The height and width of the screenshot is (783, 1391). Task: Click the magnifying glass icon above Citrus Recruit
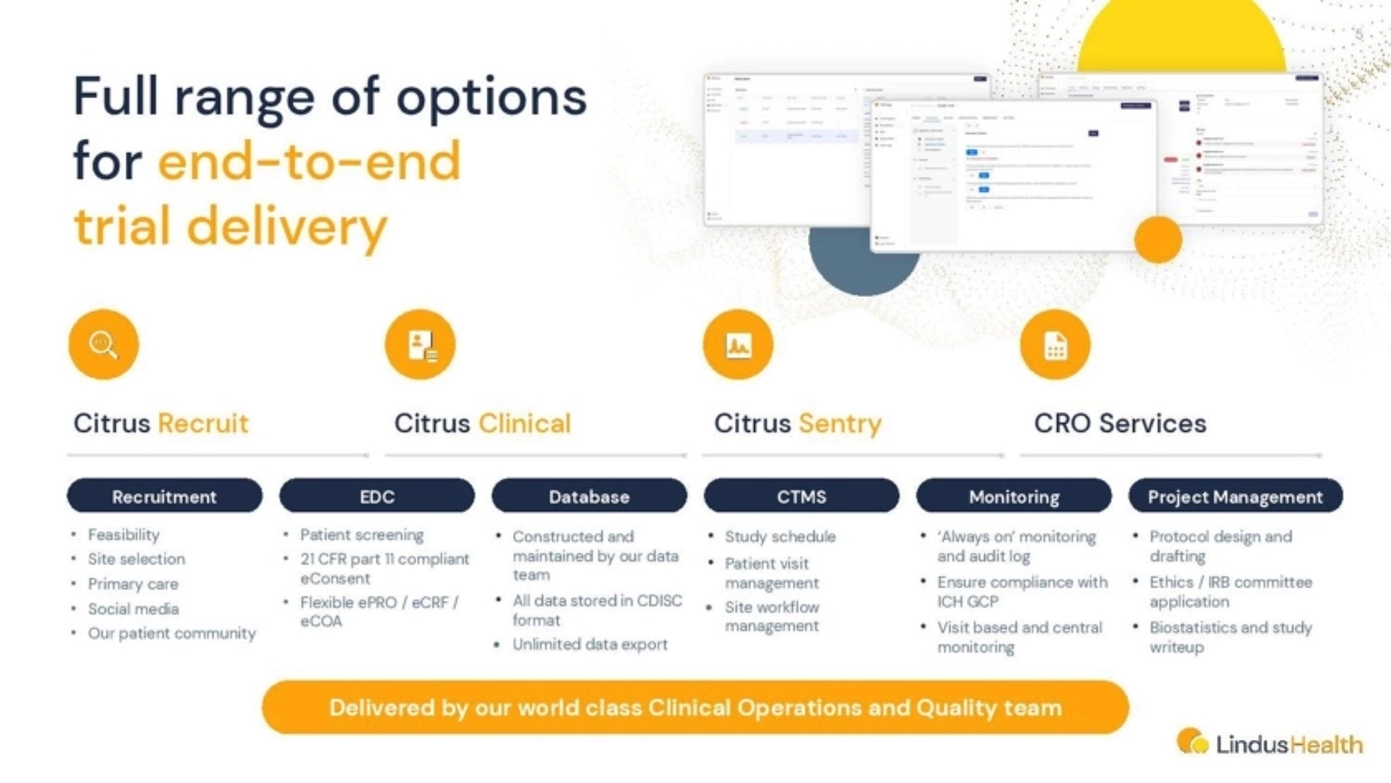tap(104, 344)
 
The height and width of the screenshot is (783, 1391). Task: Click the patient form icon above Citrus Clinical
tap(420, 344)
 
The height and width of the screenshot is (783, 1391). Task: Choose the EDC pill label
tap(377, 496)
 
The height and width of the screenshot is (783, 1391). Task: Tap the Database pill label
tap(589, 496)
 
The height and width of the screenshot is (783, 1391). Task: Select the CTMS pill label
tap(801, 496)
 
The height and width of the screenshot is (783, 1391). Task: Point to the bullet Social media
tap(133, 608)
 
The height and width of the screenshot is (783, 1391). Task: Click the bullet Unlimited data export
tap(590, 644)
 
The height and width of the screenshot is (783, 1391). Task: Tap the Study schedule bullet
tap(780, 536)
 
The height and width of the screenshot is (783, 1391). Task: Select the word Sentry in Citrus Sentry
tap(840, 423)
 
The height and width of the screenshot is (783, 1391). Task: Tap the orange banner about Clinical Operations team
tap(695, 707)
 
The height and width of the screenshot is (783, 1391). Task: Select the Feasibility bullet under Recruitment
tap(124, 535)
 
